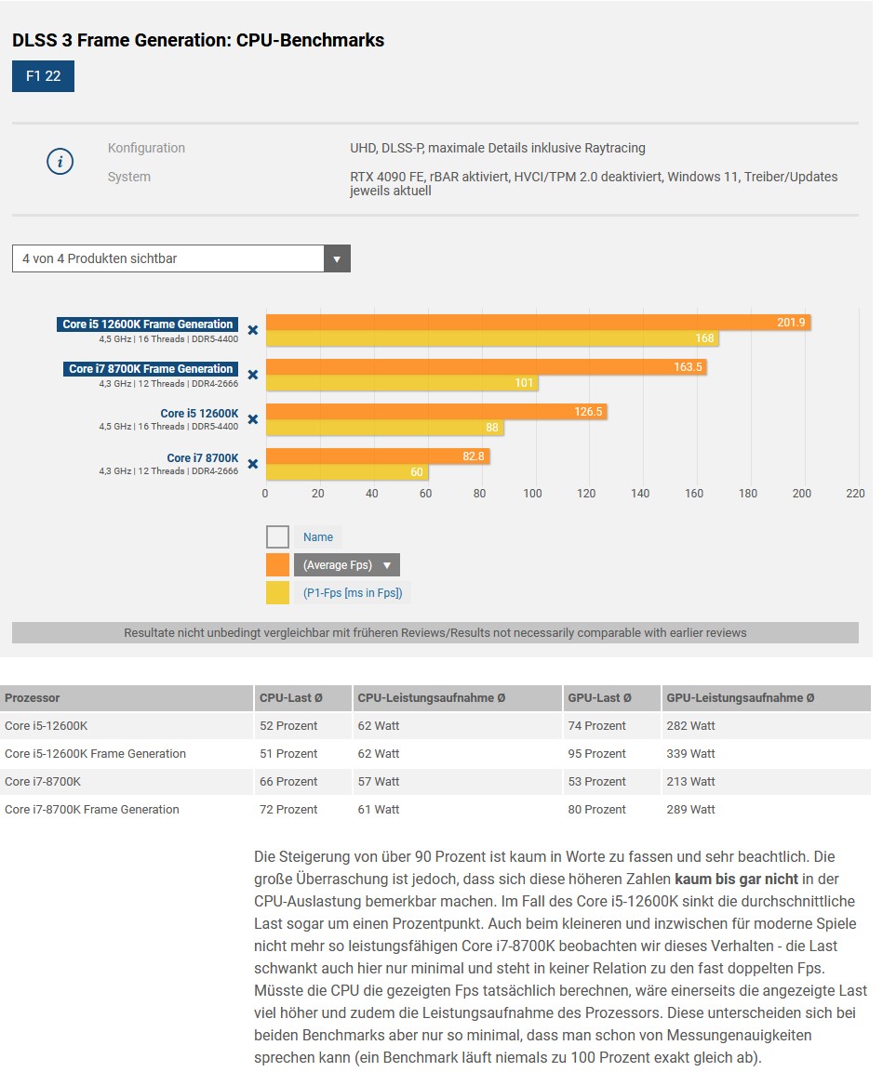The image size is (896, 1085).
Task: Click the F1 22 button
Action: pos(43,76)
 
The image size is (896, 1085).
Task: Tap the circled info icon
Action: pos(60,161)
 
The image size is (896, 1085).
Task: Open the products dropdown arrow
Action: pos(337,258)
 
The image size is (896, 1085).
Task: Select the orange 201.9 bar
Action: pos(538,323)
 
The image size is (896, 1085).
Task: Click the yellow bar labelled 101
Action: pos(402,383)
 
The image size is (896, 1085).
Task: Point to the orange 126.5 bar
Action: pos(436,412)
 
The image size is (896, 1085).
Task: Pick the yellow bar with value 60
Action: pos(348,472)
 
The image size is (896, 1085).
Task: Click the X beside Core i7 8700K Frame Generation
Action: pos(253,375)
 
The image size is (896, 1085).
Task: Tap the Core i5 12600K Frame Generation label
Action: pos(148,324)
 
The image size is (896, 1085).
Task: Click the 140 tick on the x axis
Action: pos(640,494)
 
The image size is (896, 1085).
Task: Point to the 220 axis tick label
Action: pos(855,494)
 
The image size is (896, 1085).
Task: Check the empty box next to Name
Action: pos(277,537)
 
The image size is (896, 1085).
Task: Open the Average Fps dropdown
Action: pos(347,565)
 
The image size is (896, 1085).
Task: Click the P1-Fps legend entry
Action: pos(353,593)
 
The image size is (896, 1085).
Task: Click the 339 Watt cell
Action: pos(690,753)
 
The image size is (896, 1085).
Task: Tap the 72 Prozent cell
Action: pos(288,810)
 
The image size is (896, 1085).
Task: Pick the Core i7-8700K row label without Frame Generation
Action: pos(43,782)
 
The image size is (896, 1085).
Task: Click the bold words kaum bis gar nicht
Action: pos(736,880)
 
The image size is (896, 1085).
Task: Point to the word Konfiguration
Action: pos(146,148)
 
